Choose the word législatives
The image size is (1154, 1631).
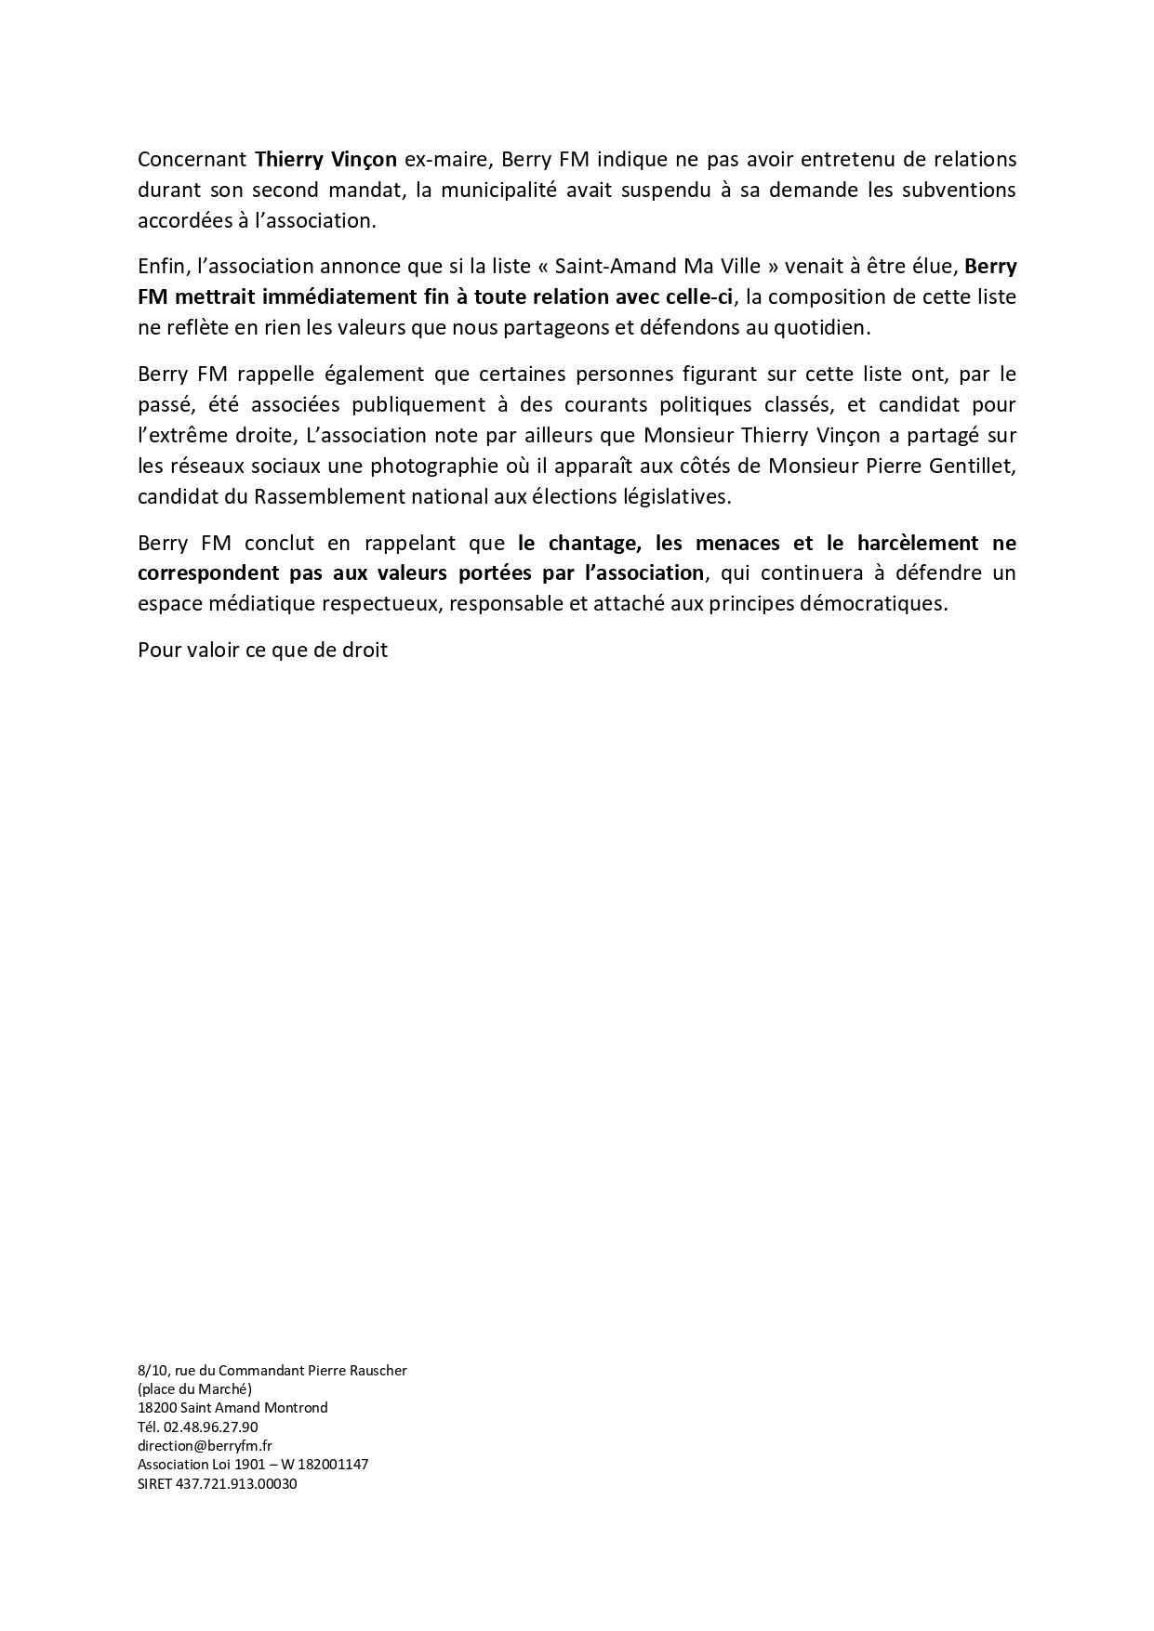[x=677, y=496]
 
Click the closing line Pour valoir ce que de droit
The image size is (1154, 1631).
[x=262, y=650]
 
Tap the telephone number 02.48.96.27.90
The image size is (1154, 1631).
[x=210, y=1427]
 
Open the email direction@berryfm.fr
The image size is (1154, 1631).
[x=205, y=1445]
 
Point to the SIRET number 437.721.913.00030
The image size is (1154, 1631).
[x=236, y=1484]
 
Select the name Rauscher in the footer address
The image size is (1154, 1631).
[x=377, y=1370]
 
